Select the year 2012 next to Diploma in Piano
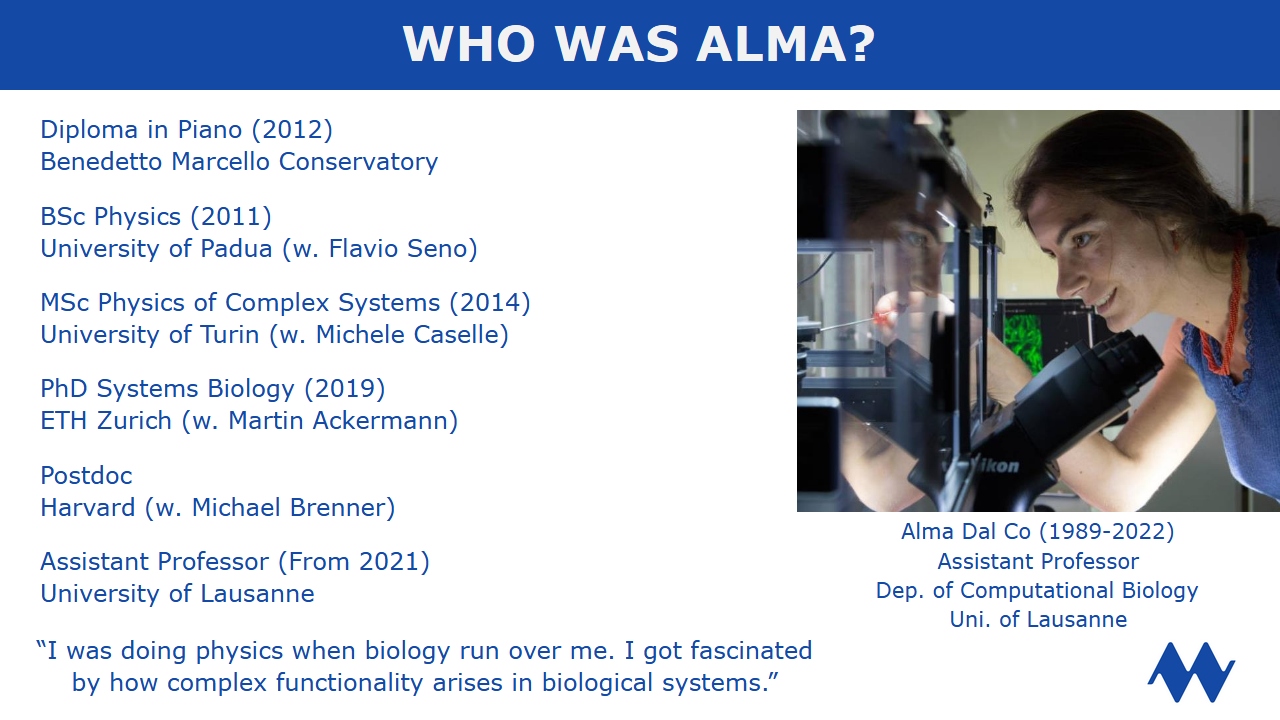292,130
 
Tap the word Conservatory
358,162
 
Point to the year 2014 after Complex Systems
490,303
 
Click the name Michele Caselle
407,335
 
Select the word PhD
63,389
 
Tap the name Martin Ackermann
338,421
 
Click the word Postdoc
86,475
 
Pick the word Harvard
87,507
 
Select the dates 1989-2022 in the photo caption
1106,531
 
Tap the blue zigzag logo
1191,672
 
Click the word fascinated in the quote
751,651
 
